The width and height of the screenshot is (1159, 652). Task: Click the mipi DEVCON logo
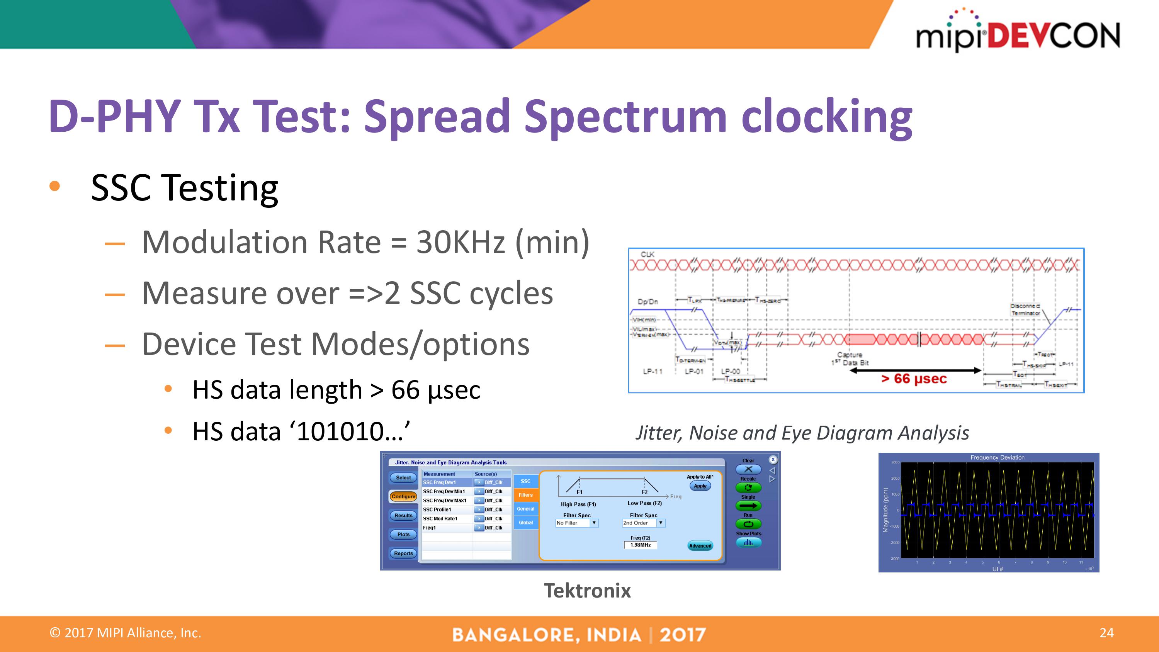(x=1018, y=32)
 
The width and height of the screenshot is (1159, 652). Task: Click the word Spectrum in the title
(x=626, y=117)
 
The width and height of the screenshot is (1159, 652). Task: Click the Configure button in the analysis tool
(x=403, y=496)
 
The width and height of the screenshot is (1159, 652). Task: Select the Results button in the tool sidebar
(x=403, y=515)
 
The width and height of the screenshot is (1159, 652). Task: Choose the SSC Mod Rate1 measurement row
(x=441, y=518)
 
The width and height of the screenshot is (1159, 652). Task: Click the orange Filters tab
(x=525, y=495)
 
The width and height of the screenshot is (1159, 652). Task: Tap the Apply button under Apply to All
(x=700, y=486)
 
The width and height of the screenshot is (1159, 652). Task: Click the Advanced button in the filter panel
(x=700, y=546)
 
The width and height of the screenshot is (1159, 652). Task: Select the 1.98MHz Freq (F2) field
(x=640, y=545)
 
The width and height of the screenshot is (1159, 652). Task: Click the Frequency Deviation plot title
(x=997, y=457)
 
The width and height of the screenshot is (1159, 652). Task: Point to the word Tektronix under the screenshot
(x=587, y=590)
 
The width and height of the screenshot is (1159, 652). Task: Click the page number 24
(x=1106, y=633)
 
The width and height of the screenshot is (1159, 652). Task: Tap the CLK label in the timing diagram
(x=647, y=254)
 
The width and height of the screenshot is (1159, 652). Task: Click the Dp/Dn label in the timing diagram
(x=647, y=302)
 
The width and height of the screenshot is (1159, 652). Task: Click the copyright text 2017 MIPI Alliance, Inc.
(x=126, y=633)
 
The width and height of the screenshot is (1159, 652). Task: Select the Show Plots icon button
(x=748, y=543)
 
